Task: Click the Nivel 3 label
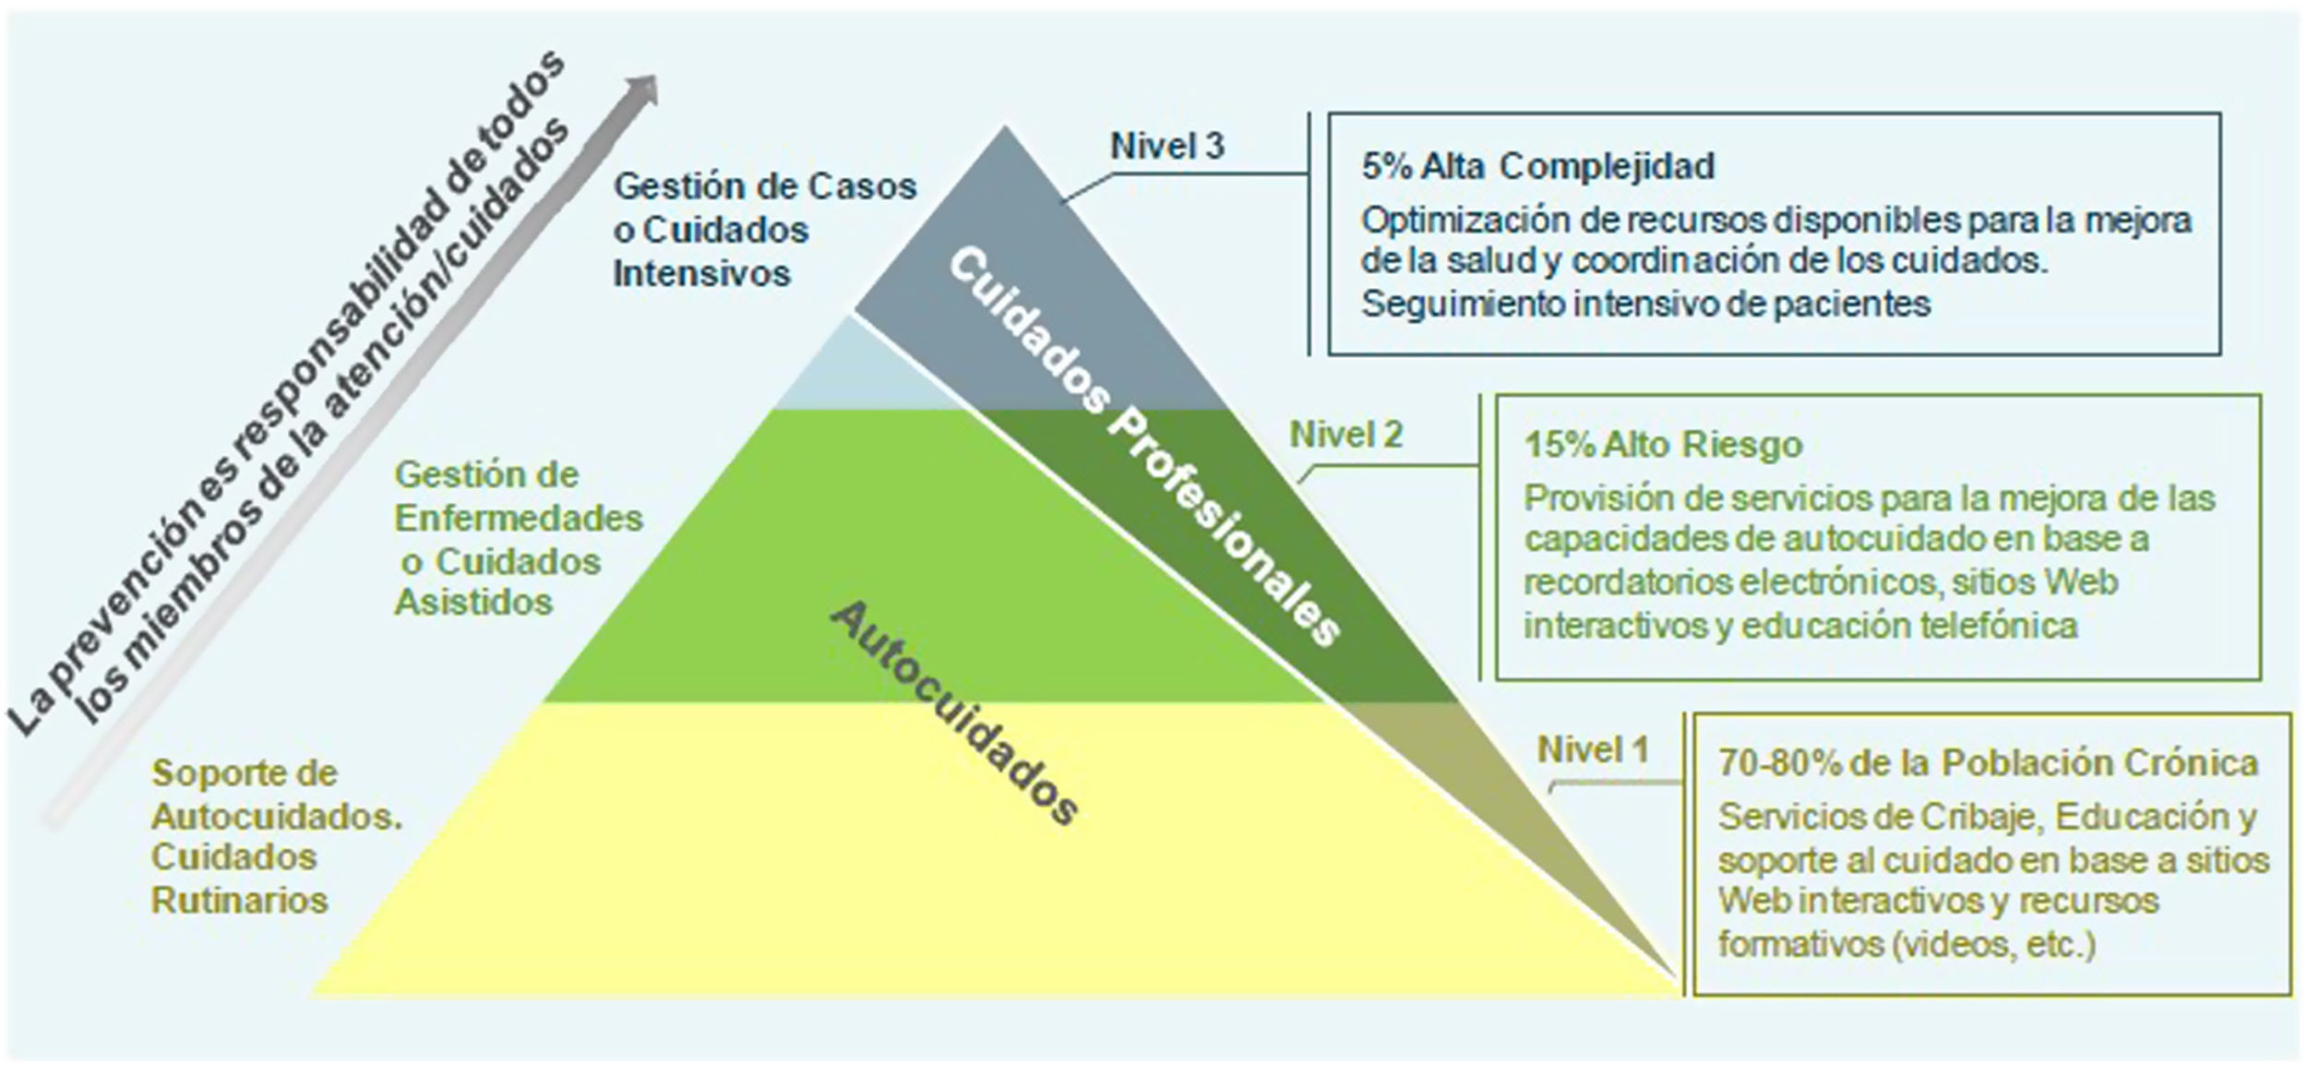tap(1166, 146)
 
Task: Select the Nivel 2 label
tap(1345, 435)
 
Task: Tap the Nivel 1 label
tap(1592, 749)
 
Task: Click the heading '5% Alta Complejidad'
tap(1537, 166)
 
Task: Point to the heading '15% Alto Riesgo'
tap(1663, 445)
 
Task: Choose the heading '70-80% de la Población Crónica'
tap(1988, 763)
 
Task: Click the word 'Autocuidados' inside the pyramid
tap(955, 714)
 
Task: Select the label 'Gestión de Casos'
tap(765, 186)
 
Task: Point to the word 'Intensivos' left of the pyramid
tap(701, 274)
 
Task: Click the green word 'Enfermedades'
tap(519, 519)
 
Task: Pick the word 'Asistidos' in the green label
tap(473, 603)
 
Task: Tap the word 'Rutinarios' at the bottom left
tap(239, 900)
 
